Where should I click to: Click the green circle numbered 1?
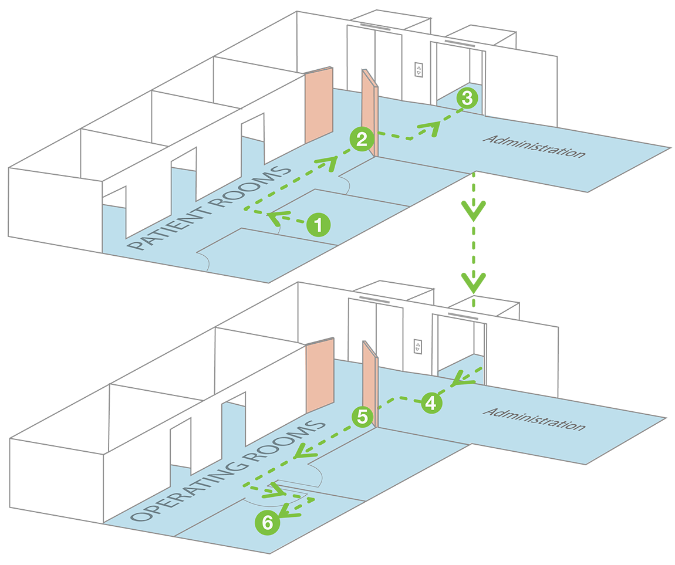point(318,224)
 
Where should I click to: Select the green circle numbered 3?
point(467,98)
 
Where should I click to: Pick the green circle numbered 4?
point(430,403)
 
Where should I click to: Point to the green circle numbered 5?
point(363,417)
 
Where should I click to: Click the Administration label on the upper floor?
point(534,146)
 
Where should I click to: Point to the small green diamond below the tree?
point(474,303)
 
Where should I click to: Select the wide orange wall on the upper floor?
point(319,106)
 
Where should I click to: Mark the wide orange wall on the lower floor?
point(320,375)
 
